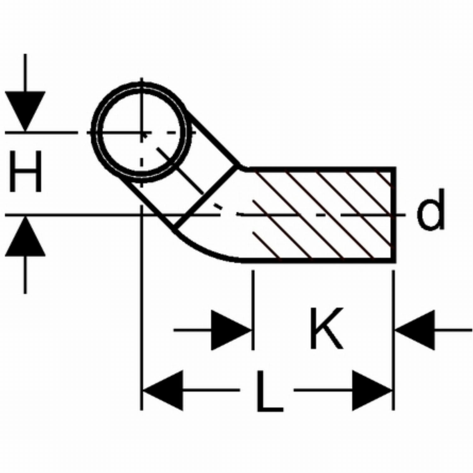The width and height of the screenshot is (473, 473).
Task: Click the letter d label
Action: pyautogui.click(x=430, y=209)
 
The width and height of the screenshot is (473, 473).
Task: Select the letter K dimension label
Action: pyautogui.click(x=326, y=328)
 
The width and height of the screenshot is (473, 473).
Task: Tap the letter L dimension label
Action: pyautogui.click(x=269, y=391)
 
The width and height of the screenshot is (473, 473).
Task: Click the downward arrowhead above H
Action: pyautogui.click(x=25, y=111)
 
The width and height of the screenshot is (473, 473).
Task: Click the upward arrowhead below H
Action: pyautogui.click(x=25, y=236)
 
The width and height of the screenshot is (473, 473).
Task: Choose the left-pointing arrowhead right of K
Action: pyautogui.click(x=415, y=330)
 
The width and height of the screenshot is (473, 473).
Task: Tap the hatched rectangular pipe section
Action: pyautogui.click(x=318, y=214)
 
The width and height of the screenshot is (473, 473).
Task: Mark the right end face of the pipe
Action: pyautogui.click(x=394, y=215)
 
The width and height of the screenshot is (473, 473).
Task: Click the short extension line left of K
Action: pyautogui.click(x=253, y=310)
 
